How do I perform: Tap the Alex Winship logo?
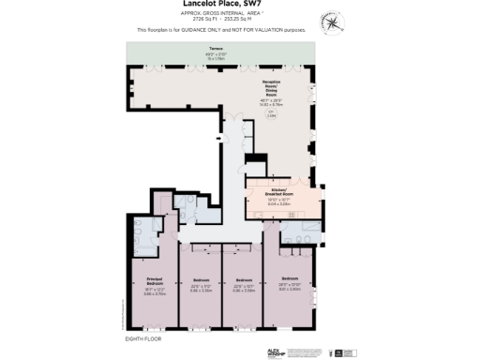(x=272, y=352)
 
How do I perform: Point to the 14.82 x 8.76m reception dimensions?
(x=272, y=104)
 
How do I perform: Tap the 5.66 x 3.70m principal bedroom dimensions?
(x=156, y=293)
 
